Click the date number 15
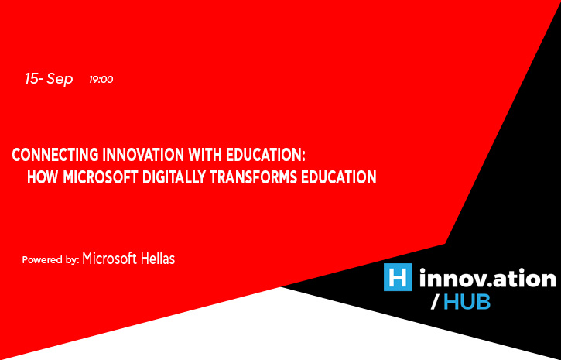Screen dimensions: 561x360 pyautogui.click(x=32, y=78)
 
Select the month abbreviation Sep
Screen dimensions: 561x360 pyautogui.click(x=60, y=80)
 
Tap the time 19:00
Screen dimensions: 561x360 pyautogui.click(x=101, y=80)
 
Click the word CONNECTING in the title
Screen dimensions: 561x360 pyautogui.click(x=55, y=156)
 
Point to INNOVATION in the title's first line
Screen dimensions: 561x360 pyautogui.click(x=143, y=156)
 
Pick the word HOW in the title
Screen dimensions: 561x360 pyautogui.click(x=43, y=177)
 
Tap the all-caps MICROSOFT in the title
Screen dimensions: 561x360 pyautogui.click(x=101, y=177)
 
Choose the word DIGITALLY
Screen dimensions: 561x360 pyautogui.click(x=174, y=177)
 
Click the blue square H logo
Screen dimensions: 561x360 pyautogui.click(x=398, y=277)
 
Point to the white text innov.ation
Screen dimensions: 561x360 pyautogui.click(x=487, y=278)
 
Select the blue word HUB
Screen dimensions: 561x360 pyautogui.click(x=467, y=303)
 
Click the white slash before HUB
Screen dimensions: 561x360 pyautogui.click(x=435, y=303)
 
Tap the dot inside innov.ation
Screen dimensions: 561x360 pyautogui.click(x=481, y=285)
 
